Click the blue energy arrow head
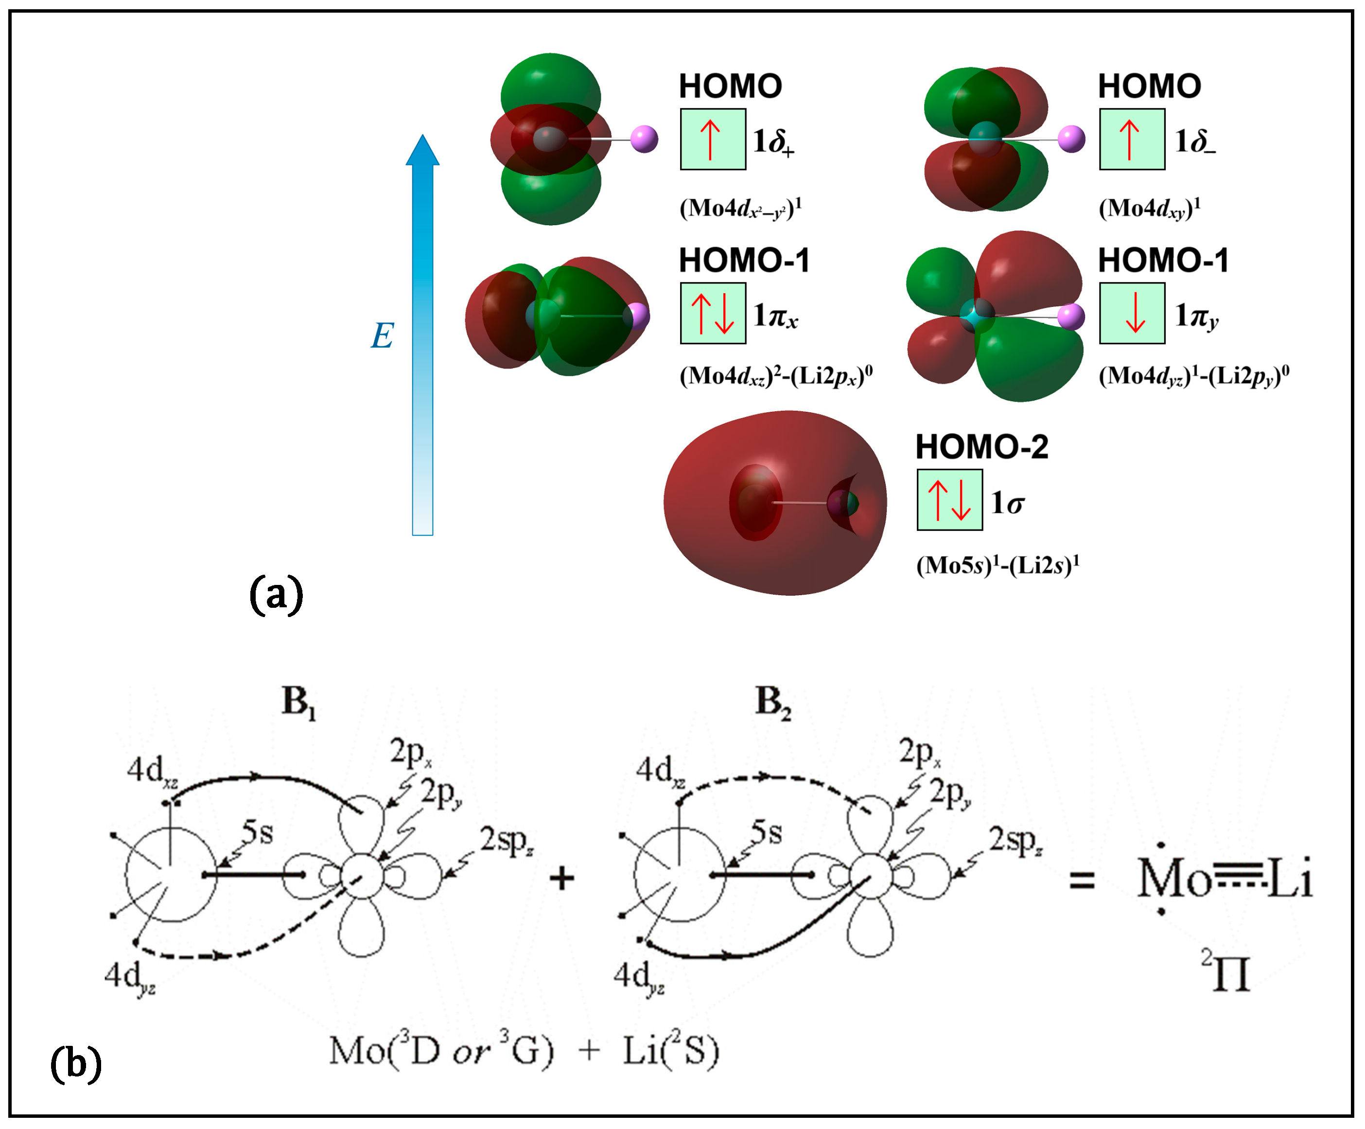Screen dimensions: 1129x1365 [x=422, y=151]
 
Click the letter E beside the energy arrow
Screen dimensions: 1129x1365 [x=382, y=336]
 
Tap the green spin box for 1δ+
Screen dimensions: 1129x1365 [x=713, y=139]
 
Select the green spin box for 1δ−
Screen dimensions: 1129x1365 [x=1132, y=139]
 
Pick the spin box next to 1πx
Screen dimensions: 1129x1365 [x=713, y=313]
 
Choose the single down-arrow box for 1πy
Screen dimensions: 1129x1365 [x=1132, y=313]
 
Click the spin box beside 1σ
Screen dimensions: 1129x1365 [x=949, y=500]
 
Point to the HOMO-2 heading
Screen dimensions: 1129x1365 [x=981, y=447]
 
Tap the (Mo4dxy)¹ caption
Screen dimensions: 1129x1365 [x=1149, y=209]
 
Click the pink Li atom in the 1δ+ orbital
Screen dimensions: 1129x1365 [x=644, y=139]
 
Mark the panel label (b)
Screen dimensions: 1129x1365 [x=76, y=1063]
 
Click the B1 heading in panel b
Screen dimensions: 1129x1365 [x=298, y=703]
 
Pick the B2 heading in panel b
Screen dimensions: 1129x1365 [x=773, y=703]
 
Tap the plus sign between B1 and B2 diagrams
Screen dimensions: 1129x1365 [x=561, y=879]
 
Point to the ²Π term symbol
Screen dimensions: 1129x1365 [x=1226, y=972]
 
